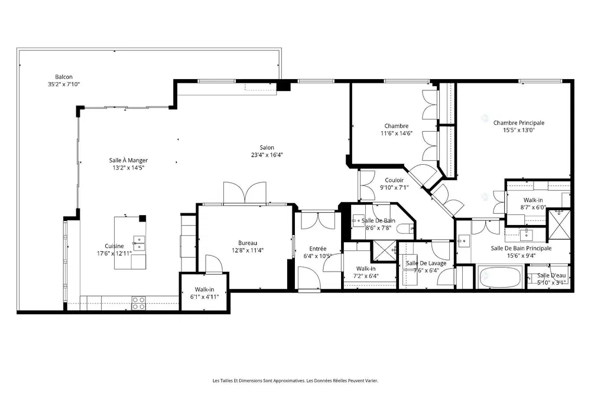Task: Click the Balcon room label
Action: click(64, 77)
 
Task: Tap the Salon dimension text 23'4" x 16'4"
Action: click(267, 155)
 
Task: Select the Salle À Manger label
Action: click(128, 160)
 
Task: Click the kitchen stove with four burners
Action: click(138, 303)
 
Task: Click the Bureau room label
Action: click(247, 242)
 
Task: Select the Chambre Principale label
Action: click(519, 123)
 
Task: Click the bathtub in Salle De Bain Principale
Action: click(500, 277)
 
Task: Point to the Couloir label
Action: click(394, 180)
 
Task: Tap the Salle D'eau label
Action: click(551, 275)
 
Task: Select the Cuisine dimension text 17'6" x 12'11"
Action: click(114, 253)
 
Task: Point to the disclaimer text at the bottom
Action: click(295, 380)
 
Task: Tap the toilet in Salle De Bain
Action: click(405, 229)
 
